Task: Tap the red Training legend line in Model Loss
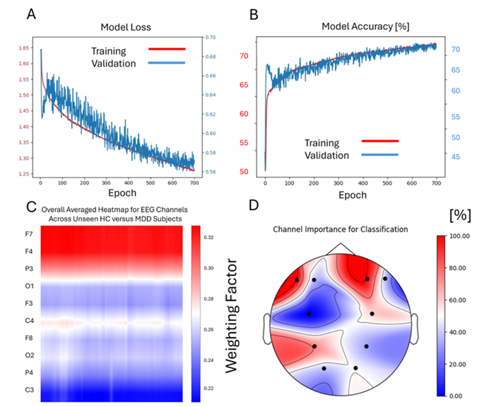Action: point(167,50)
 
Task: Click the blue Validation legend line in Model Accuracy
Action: point(379,154)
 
